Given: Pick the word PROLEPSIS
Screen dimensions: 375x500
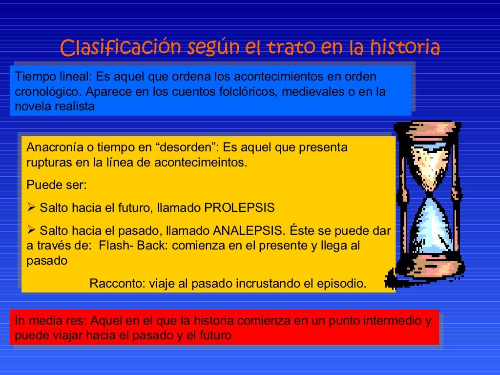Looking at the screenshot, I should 239,208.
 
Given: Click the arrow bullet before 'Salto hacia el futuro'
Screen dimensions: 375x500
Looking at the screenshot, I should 31,208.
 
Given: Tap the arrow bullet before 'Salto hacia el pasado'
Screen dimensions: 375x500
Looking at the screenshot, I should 31,230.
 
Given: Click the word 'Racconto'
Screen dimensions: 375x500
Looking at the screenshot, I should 113,284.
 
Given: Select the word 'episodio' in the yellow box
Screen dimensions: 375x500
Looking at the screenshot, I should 344,284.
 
